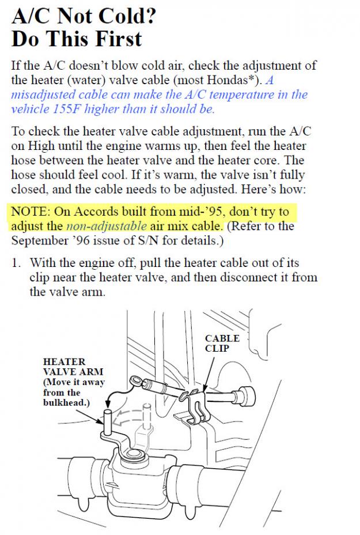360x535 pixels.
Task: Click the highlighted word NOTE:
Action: pyautogui.click(x=31, y=212)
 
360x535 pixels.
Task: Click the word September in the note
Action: pyautogui.click(x=39, y=240)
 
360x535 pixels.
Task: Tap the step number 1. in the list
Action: pyautogui.click(x=18, y=263)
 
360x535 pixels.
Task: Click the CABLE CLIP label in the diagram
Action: pyautogui.click(x=222, y=343)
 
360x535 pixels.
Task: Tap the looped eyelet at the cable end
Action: pyautogui.click(x=137, y=380)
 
